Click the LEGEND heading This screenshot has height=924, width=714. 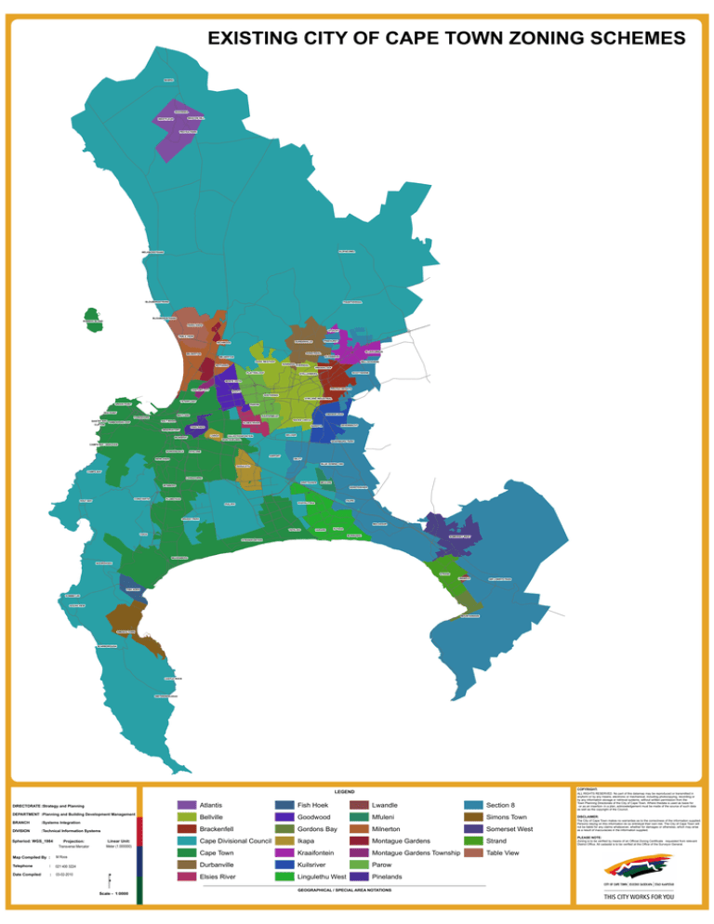click(344, 792)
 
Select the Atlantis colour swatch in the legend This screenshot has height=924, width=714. click(186, 804)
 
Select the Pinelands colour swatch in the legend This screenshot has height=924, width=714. click(358, 877)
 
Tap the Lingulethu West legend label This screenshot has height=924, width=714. click(323, 877)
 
